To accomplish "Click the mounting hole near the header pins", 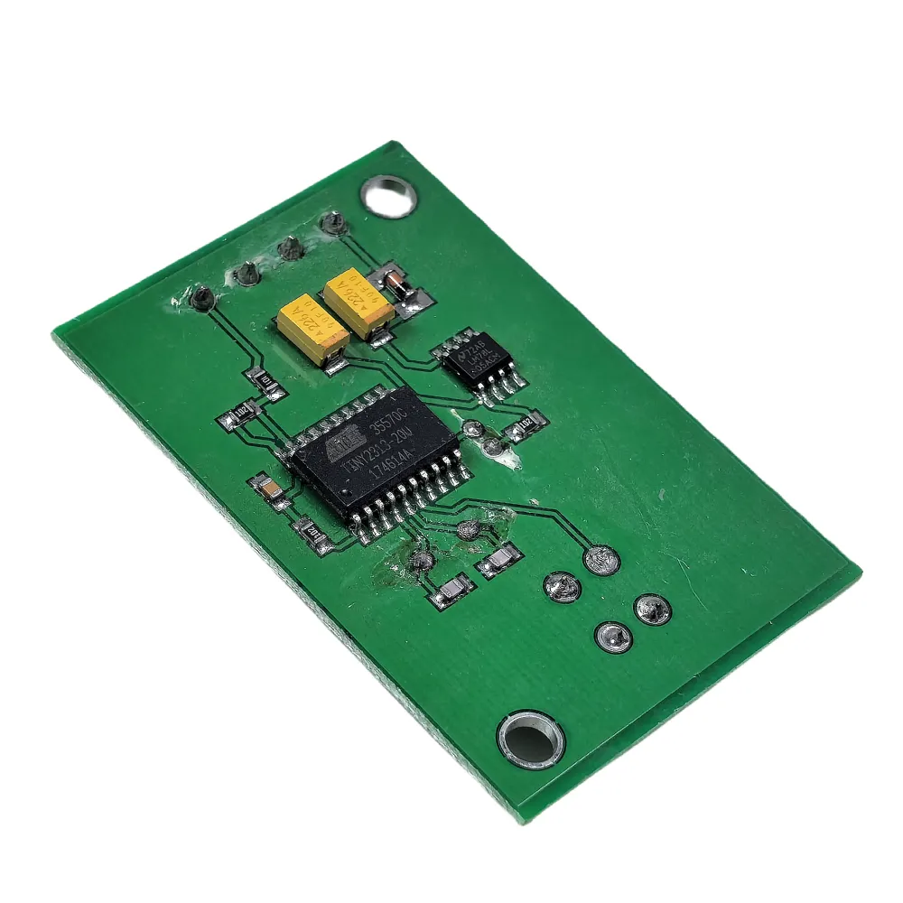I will coord(388,193).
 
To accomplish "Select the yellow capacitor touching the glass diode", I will coord(358,302).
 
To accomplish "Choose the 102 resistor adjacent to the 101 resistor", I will coord(240,415).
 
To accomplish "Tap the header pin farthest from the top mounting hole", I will coord(200,296).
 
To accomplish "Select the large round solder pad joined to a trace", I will coord(602,561).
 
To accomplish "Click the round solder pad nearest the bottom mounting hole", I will coord(614,638).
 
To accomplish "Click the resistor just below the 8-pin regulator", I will coord(526,424).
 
